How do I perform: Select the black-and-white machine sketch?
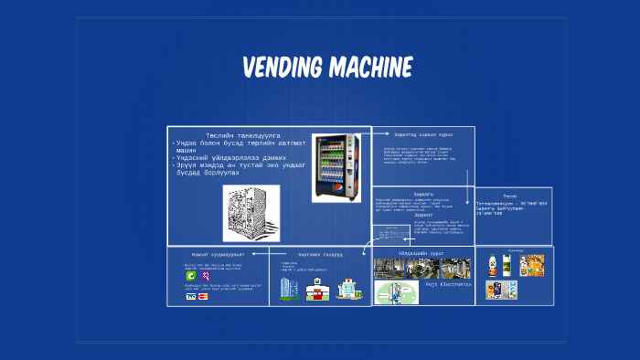(x=251, y=212)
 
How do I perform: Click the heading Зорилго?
(x=423, y=194)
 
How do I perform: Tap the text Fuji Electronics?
(x=448, y=285)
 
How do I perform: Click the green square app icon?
(x=190, y=275)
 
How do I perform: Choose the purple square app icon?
(x=206, y=275)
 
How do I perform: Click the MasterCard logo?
(x=203, y=296)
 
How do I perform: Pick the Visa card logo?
(x=190, y=296)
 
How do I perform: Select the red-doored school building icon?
(x=317, y=290)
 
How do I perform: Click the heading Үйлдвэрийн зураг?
(x=423, y=252)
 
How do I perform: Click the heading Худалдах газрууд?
(x=320, y=254)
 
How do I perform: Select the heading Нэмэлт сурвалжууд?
(x=218, y=254)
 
